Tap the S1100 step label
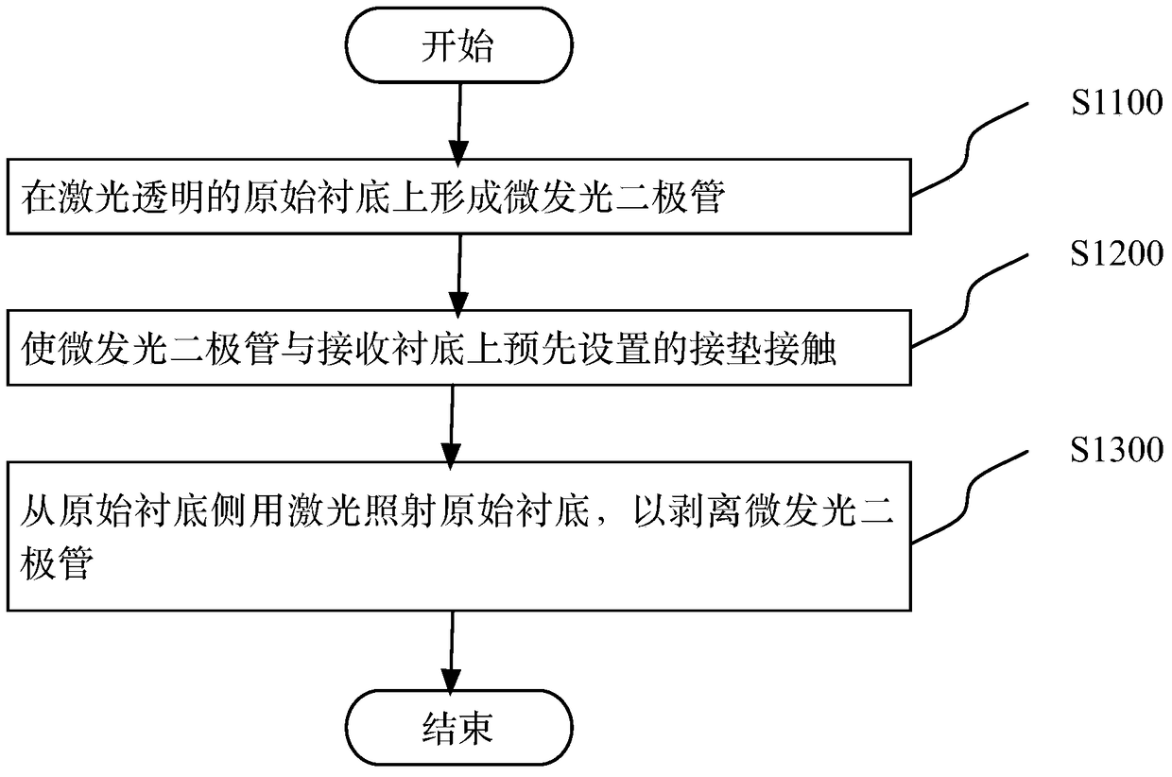[x=1117, y=102]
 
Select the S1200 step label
[x=1117, y=253]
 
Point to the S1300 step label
[x=1117, y=450]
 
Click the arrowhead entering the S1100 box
[x=458, y=153]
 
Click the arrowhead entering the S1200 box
[x=458, y=304]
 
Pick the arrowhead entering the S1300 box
[x=451, y=457]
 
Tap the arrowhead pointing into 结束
[x=451, y=682]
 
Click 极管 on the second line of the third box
[x=57, y=562]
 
